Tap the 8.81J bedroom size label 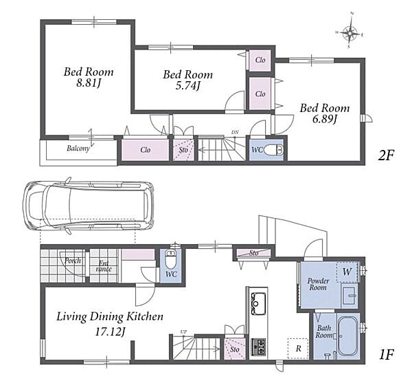(x=89, y=84)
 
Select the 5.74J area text (x=188, y=86)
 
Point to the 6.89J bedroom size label (x=325, y=120)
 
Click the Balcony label (x=78, y=149)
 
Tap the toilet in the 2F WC (x=273, y=150)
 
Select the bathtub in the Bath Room (x=347, y=335)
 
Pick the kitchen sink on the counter (x=259, y=303)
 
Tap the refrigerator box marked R (x=298, y=349)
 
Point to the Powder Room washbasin (x=350, y=296)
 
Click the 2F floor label (x=386, y=156)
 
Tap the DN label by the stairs (x=235, y=132)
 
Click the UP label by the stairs (x=183, y=331)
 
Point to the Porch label (x=73, y=261)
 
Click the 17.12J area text (x=110, y=332)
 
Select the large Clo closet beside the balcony (x=146, y=150)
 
